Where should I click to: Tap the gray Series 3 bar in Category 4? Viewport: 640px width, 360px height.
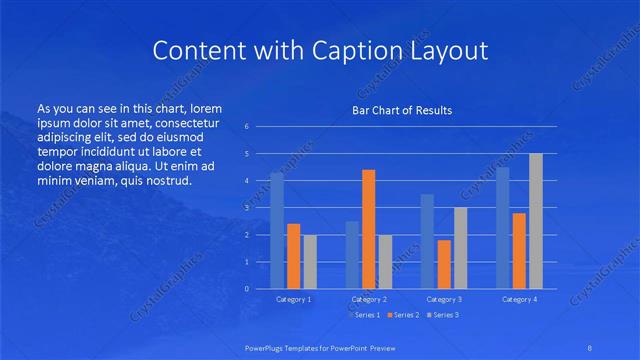(x=536, y=221)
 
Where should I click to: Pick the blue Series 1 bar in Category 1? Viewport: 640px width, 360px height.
(x=277, y=231)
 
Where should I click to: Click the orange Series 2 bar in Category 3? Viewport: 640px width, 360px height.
(x=444, y=264)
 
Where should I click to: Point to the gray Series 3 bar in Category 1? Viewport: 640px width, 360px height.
(x=310, y=262)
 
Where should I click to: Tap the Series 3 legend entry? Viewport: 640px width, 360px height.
(x=443, y=315)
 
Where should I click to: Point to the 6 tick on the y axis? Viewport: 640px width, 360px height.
(x=247, y=127)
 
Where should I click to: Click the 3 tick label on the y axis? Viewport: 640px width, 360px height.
(x=247, y=208)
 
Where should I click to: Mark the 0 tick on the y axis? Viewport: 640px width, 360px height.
(x=247, y=289)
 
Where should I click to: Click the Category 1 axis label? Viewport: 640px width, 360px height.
(x=293, y=299)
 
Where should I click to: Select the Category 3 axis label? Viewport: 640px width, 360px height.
(x=444, y=299)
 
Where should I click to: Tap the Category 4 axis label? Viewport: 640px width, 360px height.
(x=519, y=299)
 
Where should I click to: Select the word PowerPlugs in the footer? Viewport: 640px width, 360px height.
(x=268, y=348)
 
